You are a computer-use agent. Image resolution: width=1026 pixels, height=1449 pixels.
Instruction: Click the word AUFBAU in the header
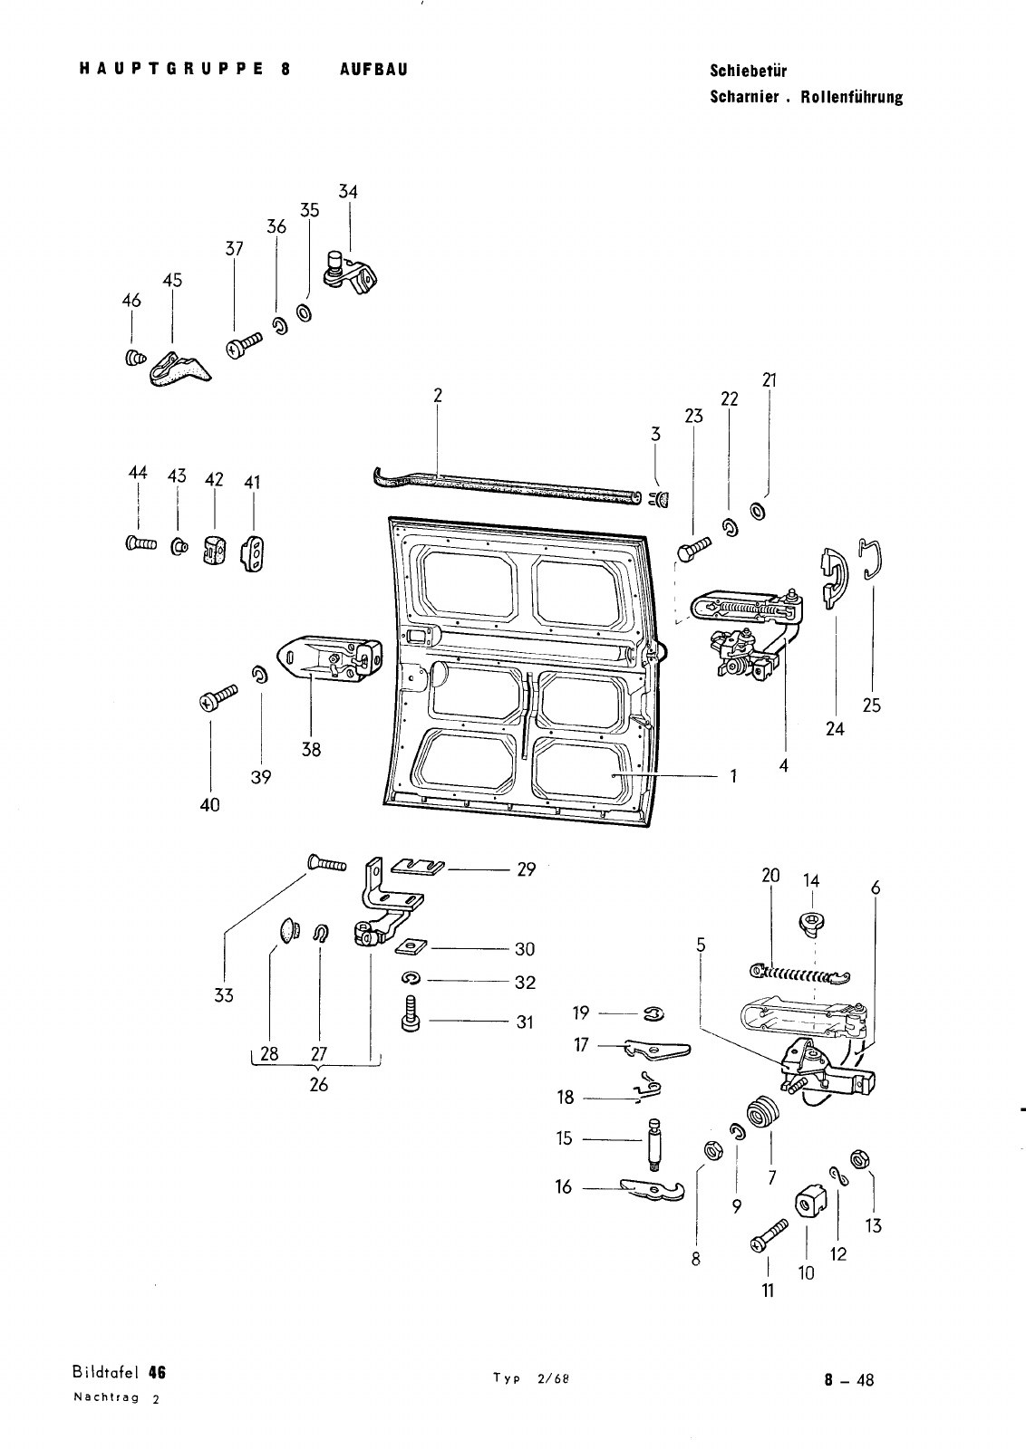tap(373, 70)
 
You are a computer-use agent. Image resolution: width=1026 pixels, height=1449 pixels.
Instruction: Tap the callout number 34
tap(348, 192)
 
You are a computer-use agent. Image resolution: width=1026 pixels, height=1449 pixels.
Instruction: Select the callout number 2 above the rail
tap(437, 395)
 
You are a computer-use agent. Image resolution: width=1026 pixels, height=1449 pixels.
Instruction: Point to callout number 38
tap(311, 750)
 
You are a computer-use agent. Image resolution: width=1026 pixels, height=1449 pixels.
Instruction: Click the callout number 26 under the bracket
tap(318, 1084)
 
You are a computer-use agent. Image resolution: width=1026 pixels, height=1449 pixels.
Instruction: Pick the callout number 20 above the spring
tap(770, 876)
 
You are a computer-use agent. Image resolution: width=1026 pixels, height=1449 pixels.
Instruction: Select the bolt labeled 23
tap(695, 548)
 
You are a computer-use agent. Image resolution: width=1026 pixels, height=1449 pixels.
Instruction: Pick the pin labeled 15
tap(655, 1143)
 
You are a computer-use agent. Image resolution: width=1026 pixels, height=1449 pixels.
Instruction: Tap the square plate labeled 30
tap(412, 947)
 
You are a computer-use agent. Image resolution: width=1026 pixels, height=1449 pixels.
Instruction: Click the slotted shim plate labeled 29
tap(417, 868)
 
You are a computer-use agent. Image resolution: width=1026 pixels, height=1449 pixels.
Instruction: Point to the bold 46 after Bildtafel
tap(158, 1372)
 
